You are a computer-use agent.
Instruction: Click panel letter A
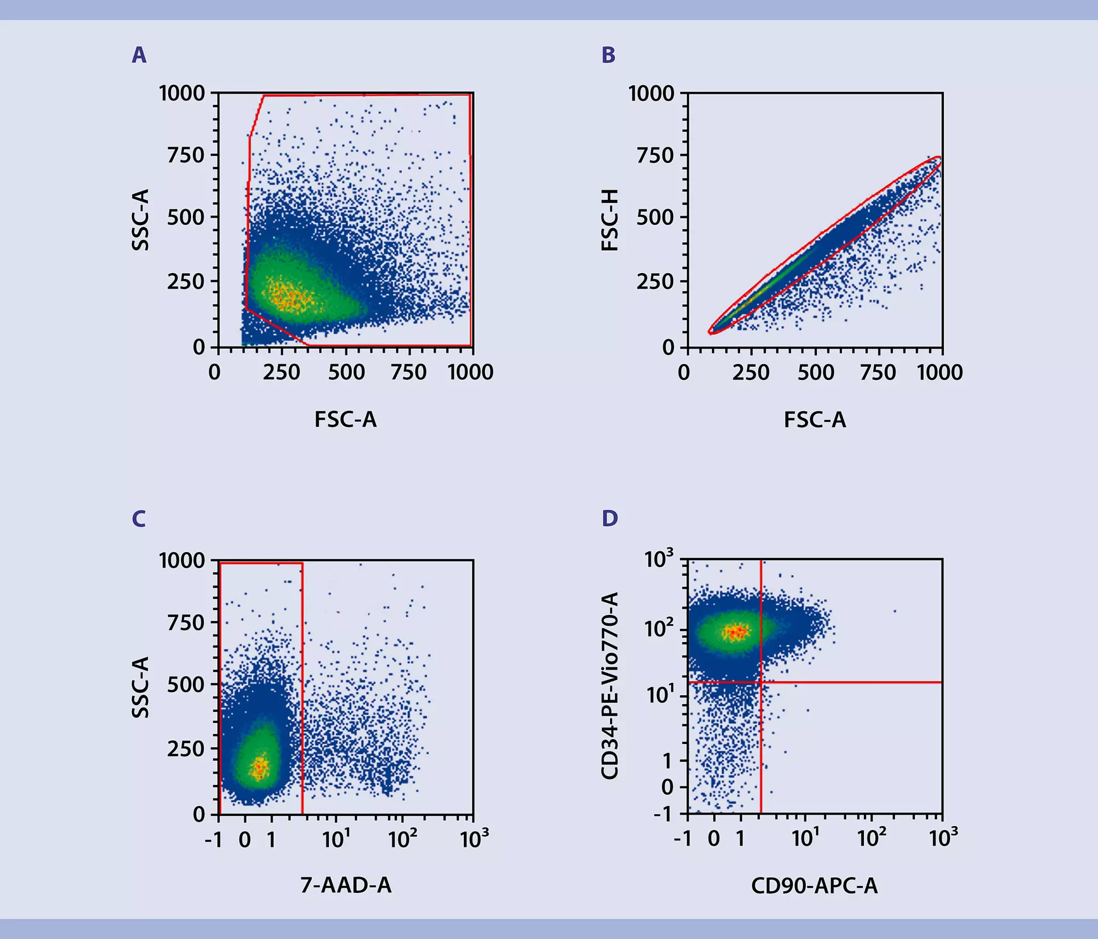[x=139, y=55]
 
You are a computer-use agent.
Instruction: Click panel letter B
[x=608, y=55]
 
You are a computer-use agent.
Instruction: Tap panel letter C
[x=139, y=519]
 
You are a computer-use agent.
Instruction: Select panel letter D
[x=610, y=519]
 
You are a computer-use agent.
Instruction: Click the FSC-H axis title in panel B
[x=610, y=220]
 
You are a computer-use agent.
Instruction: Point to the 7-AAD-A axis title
[x=345, y=885]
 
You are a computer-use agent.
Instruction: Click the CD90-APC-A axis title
[x=814, y=885]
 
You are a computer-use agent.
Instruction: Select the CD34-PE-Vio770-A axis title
[x=610, y=686]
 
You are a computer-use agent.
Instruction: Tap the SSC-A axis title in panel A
[x=140, y=220]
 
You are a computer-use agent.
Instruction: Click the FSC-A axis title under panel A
[x=345, y=419]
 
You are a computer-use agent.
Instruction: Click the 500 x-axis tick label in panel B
[x=815, y=372]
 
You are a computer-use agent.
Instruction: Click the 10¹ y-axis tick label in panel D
[x=660, y=695]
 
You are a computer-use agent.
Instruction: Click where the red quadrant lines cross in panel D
[x=761, y=682]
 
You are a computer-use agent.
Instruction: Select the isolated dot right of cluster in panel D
[x=894, y=611]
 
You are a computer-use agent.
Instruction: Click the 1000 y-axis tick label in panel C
[x=182, y=561]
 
